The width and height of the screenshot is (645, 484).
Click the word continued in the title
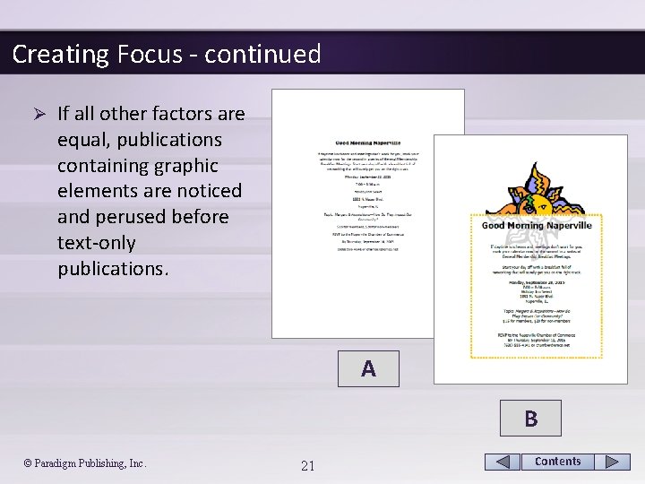[x=262, y=55]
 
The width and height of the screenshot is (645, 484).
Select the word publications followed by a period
[x=112, y=269]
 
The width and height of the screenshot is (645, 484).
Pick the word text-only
[x=97, y=243]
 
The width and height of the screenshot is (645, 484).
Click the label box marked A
[x=368, y=369]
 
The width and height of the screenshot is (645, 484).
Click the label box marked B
[x=530, y=419]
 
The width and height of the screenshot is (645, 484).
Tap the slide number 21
[x=307, y=465]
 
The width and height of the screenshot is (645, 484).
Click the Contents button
[x=557, y=462]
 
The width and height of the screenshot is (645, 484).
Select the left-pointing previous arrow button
[x=503, y=462]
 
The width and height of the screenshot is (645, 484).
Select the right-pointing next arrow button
[x=612, y=462]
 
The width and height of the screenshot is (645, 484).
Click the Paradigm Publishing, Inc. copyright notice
[x=85, y=463]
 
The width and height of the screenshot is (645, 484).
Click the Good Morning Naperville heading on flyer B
[x=537, y=226]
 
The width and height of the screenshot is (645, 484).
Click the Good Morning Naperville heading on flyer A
[x=368, y=143]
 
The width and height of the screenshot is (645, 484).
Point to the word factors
[x=185, y=115]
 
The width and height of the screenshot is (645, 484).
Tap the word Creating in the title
[x=60, y=55]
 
